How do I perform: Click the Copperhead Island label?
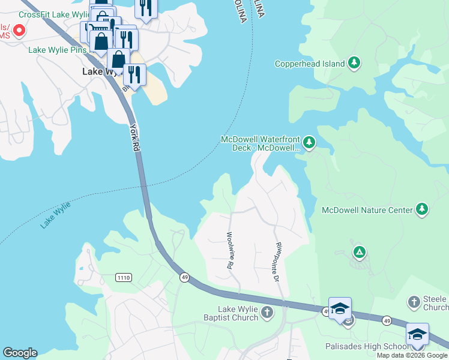click(309, 64)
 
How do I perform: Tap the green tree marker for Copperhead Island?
click(354, 62)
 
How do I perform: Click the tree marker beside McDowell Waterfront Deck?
click(309, 142)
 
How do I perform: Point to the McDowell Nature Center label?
click(367, 210)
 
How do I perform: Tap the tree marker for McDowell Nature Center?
click(423, 209)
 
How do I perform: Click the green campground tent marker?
click(359, 251)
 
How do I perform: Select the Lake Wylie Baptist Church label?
click(230, 313)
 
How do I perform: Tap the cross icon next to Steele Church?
click(414, 301)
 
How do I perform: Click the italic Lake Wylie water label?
click(56, 215)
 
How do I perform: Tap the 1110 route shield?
click(124, 277)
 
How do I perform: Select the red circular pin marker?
click(19, 29)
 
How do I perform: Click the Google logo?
click(20, 353)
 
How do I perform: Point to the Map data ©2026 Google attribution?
click(412, 355)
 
